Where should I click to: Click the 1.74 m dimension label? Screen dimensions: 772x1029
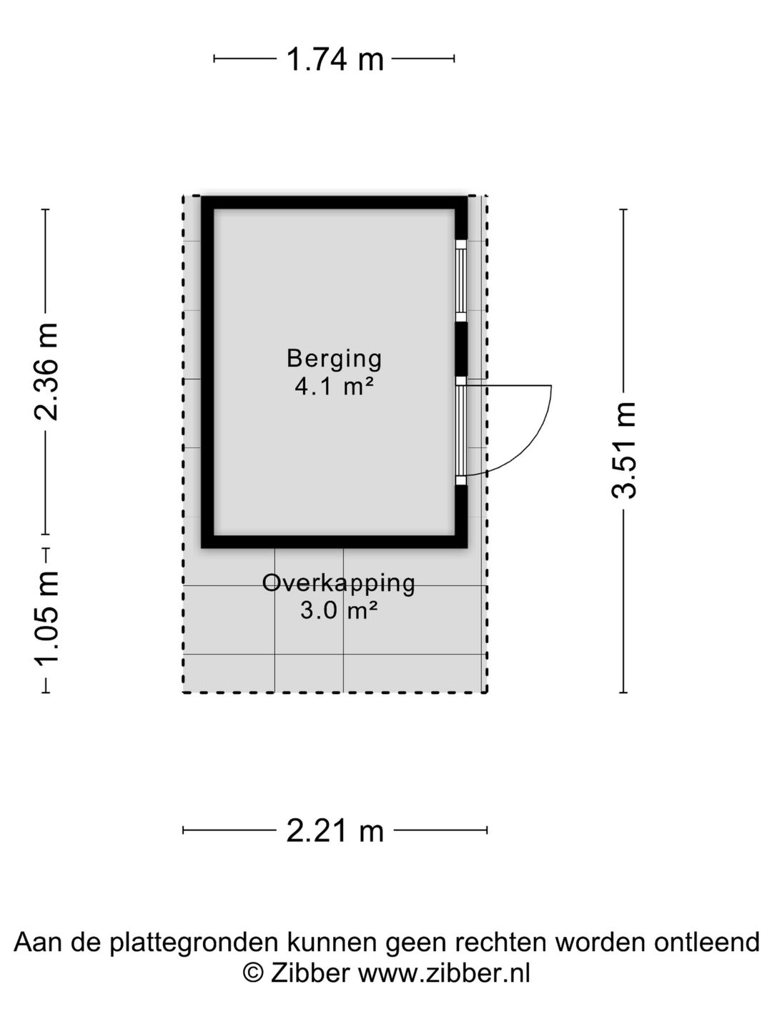[x=335, y=59]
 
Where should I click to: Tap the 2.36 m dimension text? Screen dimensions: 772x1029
[x=46, y=371]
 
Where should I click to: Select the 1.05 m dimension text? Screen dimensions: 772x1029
[x=46, y=618]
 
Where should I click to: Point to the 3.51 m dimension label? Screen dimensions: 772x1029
[x=623, y=450]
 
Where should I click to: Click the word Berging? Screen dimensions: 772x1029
[x=335, y=359]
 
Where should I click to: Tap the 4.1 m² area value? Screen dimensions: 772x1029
[x=335, y=387]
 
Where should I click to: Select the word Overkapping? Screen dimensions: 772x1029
[x=338, y=584]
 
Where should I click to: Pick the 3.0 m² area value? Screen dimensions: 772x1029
[x=339, y=611]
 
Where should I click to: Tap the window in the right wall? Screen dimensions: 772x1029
[x=462, y=280]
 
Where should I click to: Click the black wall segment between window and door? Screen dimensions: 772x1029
[x=462, y=349]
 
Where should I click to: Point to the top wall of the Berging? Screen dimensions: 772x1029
[x=335, y=202]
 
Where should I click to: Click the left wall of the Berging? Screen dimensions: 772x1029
[x=207, y=372]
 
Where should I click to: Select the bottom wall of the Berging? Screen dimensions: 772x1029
[x=335, y=542]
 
